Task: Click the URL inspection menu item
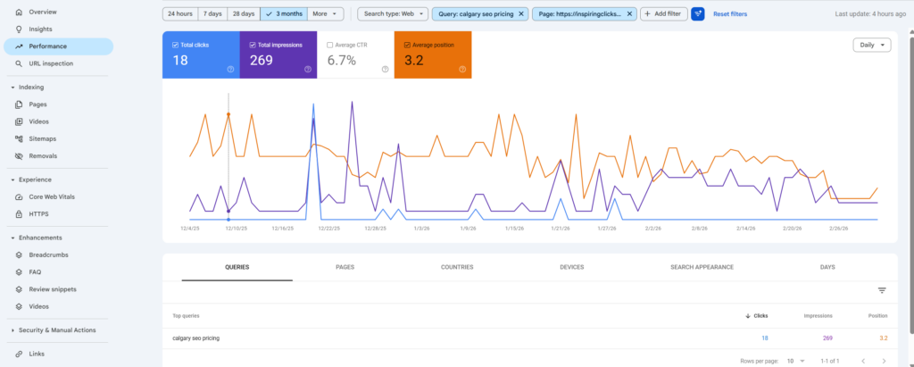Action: [x=51, y=63]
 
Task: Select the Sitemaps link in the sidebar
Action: [x=42, y=138]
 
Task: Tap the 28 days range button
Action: [x=242, y=14]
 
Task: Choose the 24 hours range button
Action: [x=179, y=14]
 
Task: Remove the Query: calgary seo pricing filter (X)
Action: [x=522, y=14]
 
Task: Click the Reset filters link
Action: [x=729, y=14]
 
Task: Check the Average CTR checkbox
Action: [x=331, y=44]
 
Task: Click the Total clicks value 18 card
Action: [x=201, y=55]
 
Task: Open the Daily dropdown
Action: [x=871, y=45]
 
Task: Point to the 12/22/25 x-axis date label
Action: [x=328, y=229]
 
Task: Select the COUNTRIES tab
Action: [x=457, y=267]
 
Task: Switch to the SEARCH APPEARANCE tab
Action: [x=702, y=267]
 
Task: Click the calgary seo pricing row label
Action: [x=195, y=338]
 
